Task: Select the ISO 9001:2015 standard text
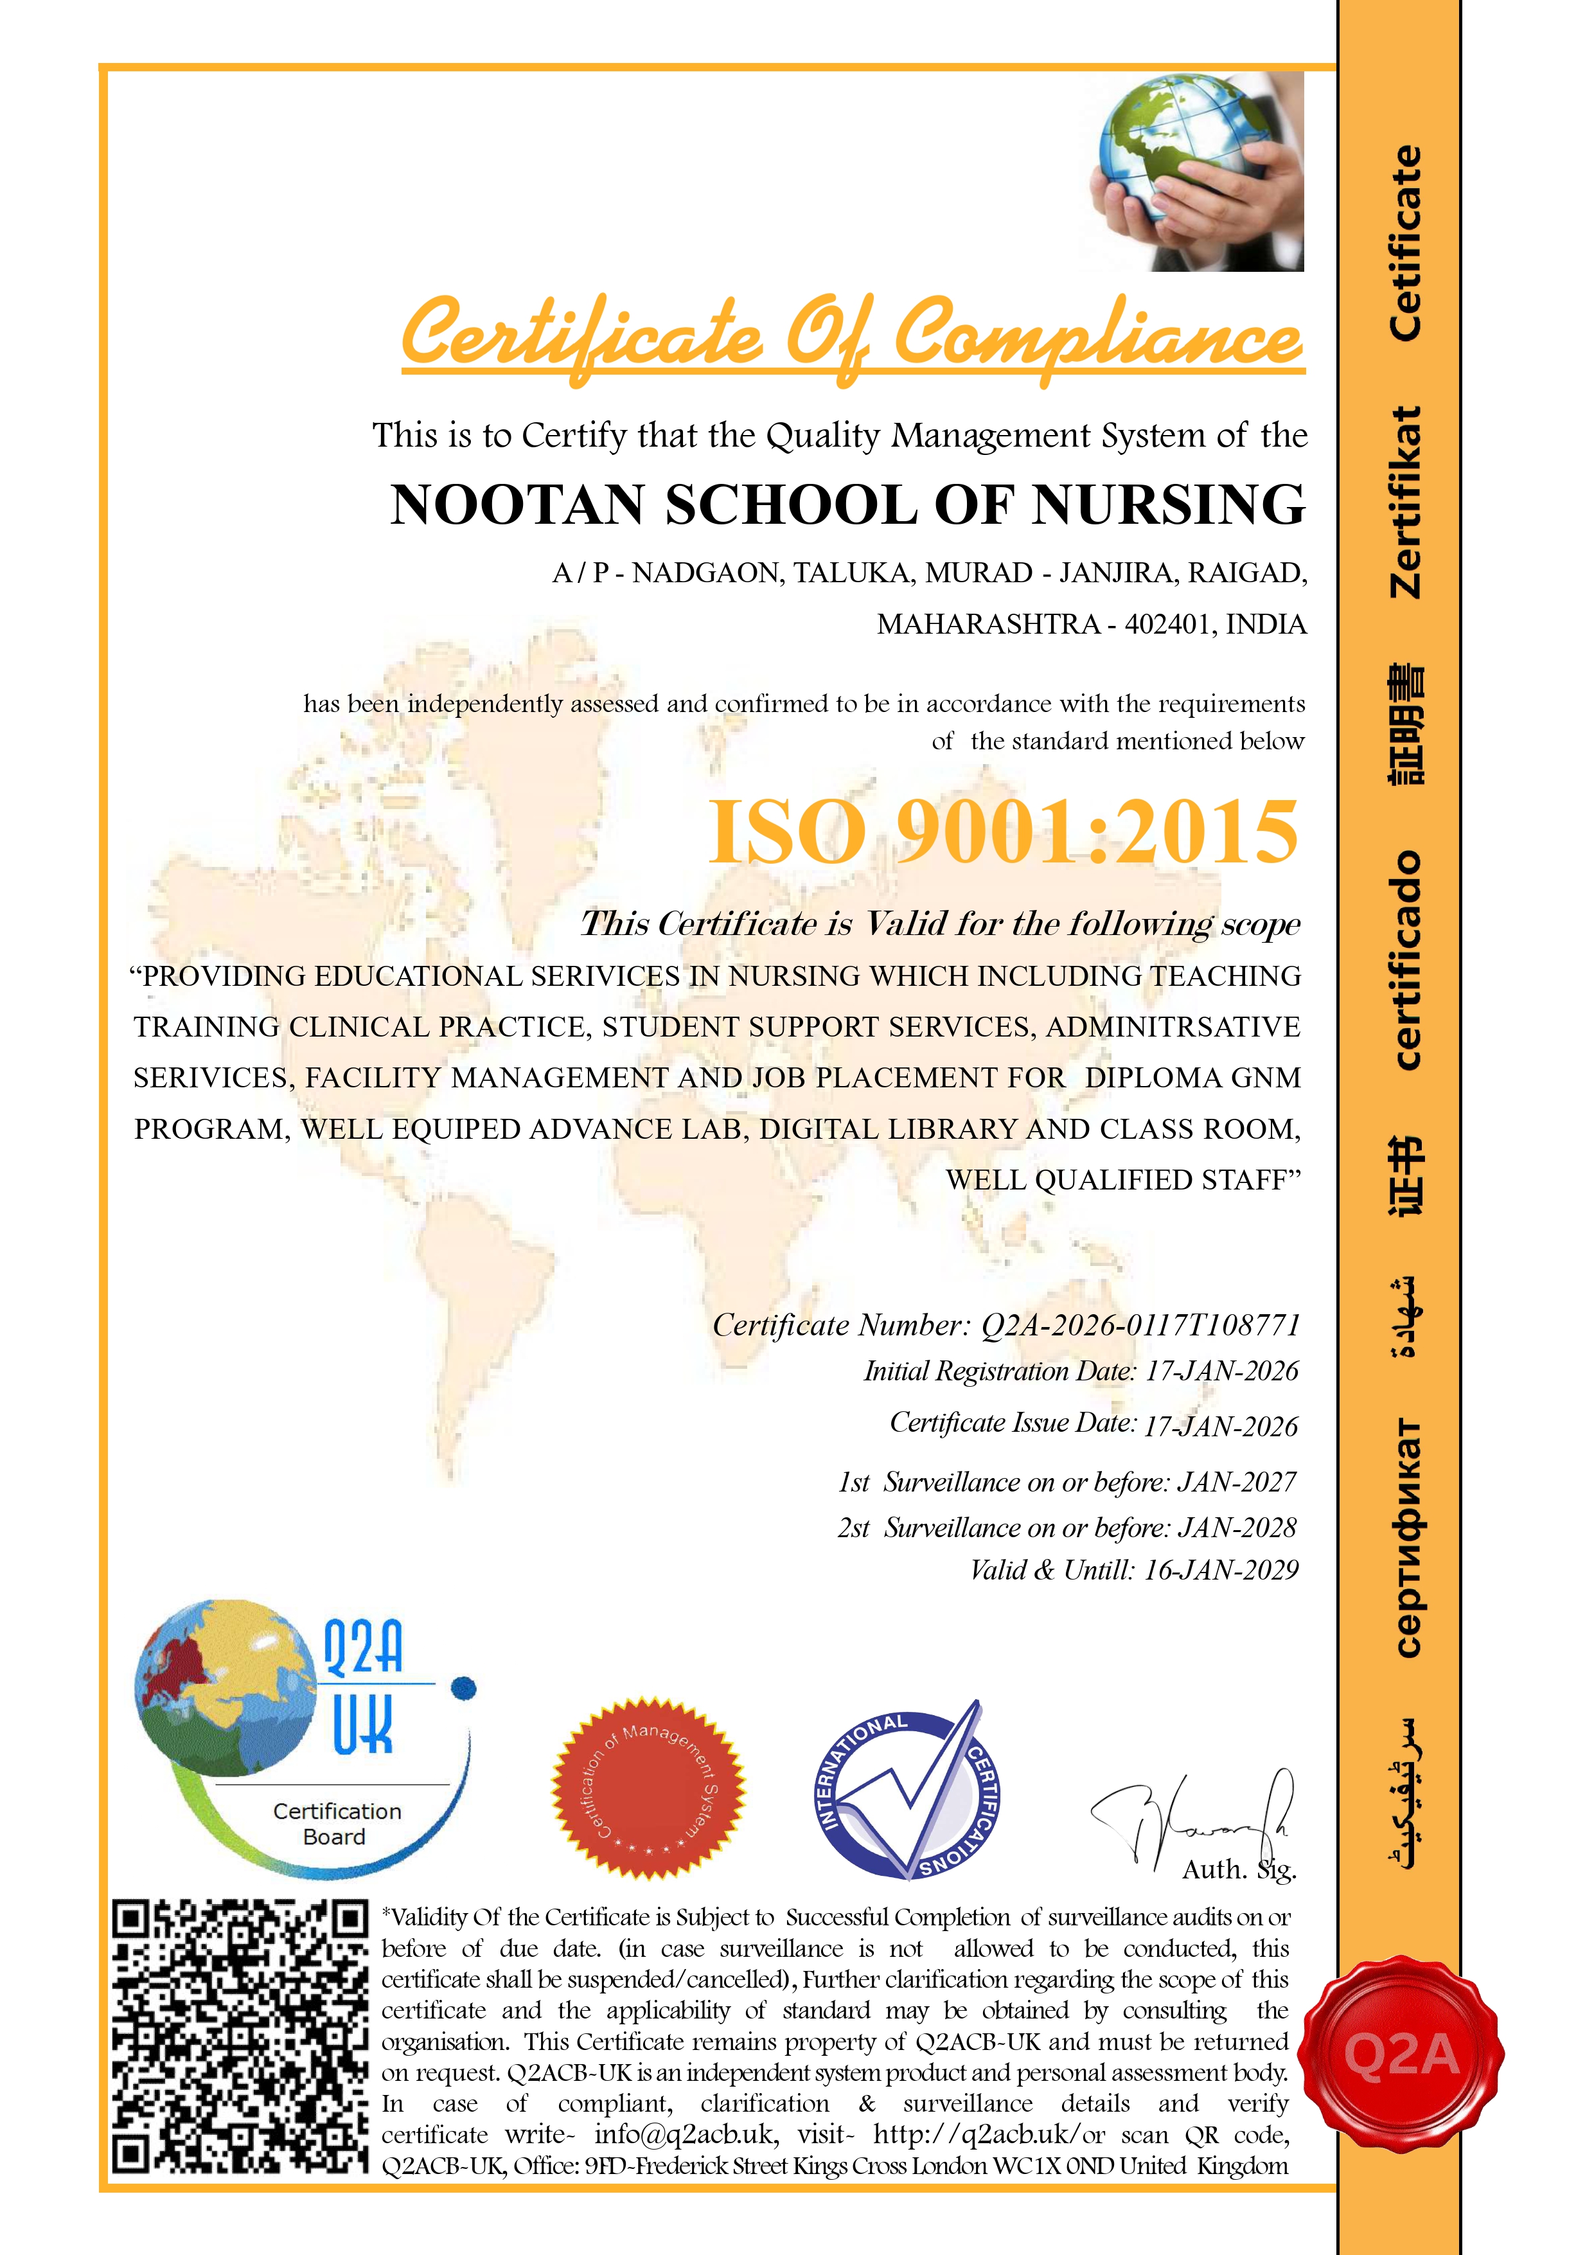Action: (1004, 831)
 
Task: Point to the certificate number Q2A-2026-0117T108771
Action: (1140, 1325)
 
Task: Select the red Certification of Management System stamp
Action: (648, 1788)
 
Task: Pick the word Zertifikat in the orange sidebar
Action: (1405, 502)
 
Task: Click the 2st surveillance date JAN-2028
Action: (1237, 1528)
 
